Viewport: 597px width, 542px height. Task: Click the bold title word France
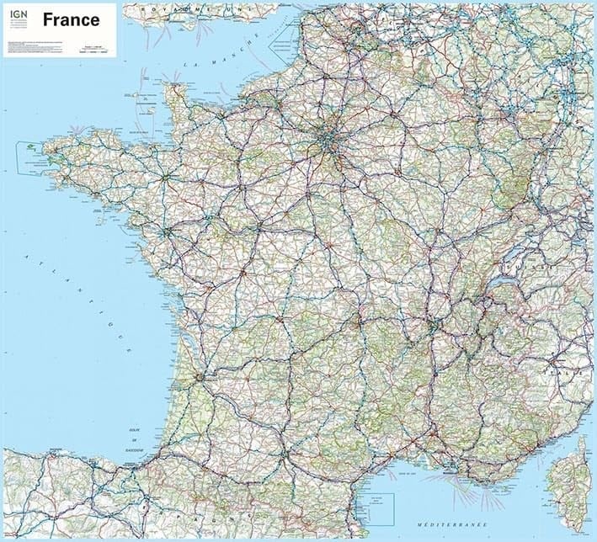pos(71,19)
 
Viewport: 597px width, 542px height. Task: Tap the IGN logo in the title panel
pos(16,17)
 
